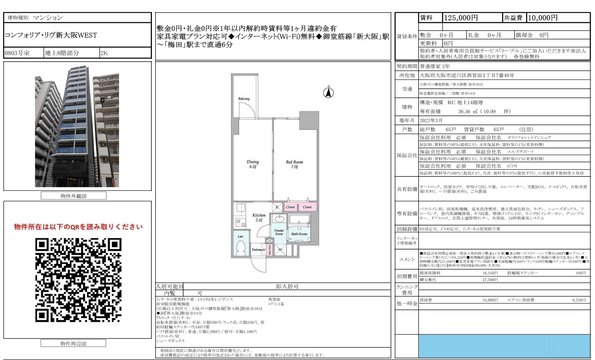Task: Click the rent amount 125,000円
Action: coord(461,18)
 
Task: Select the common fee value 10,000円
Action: coord(542,18)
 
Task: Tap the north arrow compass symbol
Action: coord(328,93)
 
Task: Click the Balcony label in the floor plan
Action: coord(244,99)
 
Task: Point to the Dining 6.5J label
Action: coord(253,164)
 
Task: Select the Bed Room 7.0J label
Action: coord(294,164)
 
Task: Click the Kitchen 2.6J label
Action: coord(259,218)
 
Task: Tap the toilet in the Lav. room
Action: coord(240,247)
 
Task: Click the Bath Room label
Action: coord(299,234)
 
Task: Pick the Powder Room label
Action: coord(279,232)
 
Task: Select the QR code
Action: coord(78,280)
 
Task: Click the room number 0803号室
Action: coord(17,53)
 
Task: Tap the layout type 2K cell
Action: coord(104,53)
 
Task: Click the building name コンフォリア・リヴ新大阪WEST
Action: coord(51,35)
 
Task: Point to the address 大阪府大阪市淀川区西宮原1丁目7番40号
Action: coord(467,75)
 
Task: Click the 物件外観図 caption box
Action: coord(74,196)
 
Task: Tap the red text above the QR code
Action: coord(78,227)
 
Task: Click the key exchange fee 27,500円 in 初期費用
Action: coord(490,280)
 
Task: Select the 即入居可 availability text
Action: coord(287,286)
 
